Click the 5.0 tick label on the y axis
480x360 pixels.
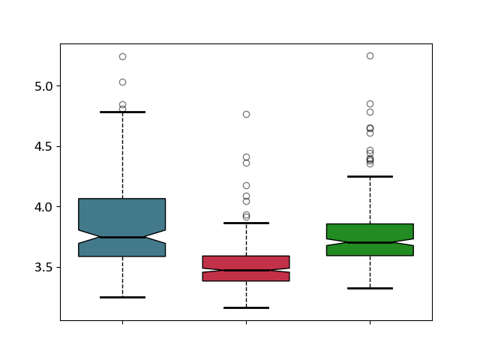coord(43,87)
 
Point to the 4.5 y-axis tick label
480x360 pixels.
coord(43,147)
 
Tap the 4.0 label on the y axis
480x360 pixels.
coord(43,207)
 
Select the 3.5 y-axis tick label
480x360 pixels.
coord(43,268)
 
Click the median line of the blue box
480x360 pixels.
coord(122,237)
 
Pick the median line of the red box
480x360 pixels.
coord(247,270)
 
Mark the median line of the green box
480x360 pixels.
coord(370,243)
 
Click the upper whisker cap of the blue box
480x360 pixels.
coord(122,112)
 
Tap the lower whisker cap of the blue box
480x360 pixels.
coord(122,297)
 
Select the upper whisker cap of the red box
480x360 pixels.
coord(247,223)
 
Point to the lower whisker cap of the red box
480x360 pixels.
coord(247,307)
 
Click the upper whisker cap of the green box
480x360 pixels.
coord(370,177)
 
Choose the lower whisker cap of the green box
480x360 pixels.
coord(370,288)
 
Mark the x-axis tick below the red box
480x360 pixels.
coord(247,322)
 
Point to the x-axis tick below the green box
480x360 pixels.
coord(370,322)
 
